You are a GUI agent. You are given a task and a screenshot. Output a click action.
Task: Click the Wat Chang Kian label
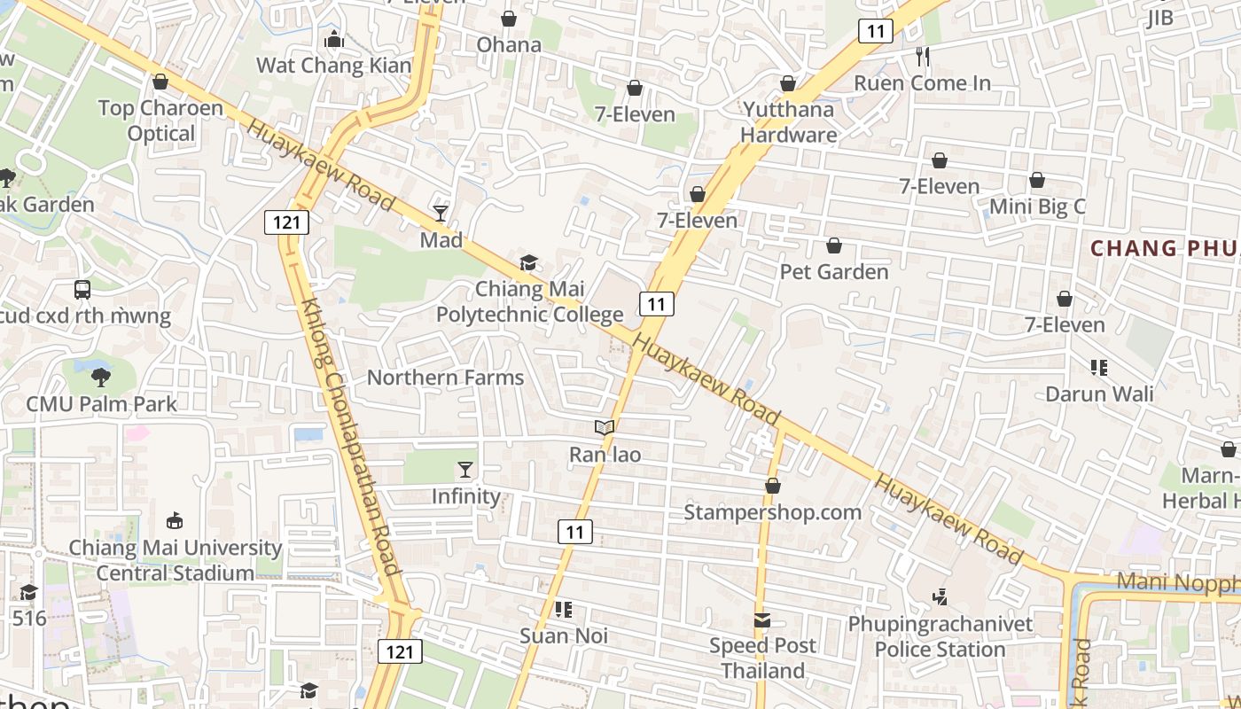334,66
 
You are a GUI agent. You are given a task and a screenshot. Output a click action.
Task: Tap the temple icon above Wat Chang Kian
334,39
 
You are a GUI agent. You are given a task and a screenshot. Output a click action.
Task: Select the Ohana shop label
509,44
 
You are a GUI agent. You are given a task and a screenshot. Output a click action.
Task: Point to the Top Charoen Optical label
160,121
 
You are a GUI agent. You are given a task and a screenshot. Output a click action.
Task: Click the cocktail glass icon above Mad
441,214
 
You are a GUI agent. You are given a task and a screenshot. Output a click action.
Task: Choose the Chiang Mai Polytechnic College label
529,302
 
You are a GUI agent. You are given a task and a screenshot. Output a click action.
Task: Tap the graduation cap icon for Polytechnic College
528,263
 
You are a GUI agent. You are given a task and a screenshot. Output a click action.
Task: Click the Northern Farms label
445,378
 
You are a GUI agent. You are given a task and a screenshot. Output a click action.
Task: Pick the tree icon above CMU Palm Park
101,377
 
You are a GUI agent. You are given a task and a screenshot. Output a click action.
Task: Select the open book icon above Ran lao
605,428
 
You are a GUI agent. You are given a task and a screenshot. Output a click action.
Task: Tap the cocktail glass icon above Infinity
465,470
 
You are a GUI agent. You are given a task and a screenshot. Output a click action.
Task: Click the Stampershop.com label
772,512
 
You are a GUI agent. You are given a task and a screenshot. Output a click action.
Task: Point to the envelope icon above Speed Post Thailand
762,619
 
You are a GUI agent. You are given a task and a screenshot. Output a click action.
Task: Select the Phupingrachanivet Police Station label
940,636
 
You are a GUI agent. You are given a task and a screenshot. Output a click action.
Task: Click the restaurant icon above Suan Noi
563,610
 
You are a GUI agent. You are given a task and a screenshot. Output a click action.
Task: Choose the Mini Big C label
1037,206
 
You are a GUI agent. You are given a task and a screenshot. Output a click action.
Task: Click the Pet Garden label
833,271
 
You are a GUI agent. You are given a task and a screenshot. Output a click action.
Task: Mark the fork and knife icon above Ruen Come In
923,57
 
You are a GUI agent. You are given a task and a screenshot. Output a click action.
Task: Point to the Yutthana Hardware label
788,122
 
